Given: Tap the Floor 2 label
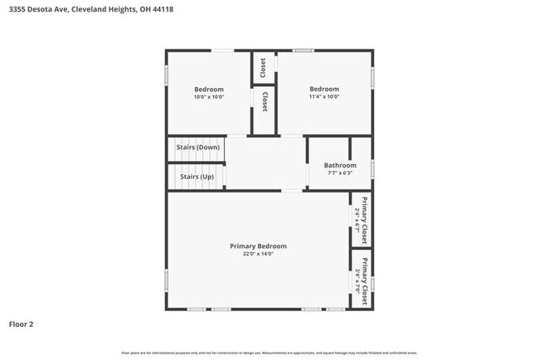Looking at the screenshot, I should coord(21,324).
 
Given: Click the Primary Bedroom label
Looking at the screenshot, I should coord(258,246).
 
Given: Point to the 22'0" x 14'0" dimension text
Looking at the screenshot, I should coord(258,255).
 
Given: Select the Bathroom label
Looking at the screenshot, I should coord(340,165).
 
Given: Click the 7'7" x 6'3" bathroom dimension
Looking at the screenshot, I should coord(340,173).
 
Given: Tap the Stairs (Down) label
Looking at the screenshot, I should coord(197,148).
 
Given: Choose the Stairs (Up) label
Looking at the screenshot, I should coord(197,177).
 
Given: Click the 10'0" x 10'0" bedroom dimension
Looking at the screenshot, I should coord(209,97).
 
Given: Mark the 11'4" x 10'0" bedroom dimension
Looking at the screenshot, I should coord(324,97).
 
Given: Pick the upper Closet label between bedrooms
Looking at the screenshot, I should coord(264,67).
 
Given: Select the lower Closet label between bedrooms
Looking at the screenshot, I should coord(264,102).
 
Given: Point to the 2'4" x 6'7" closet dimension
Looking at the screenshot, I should coord(357,217).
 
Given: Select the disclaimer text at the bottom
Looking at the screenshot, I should coord(269,353).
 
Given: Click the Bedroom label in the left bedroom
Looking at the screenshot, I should coord(209,90).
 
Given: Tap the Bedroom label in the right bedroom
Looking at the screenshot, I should coord(324,90).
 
